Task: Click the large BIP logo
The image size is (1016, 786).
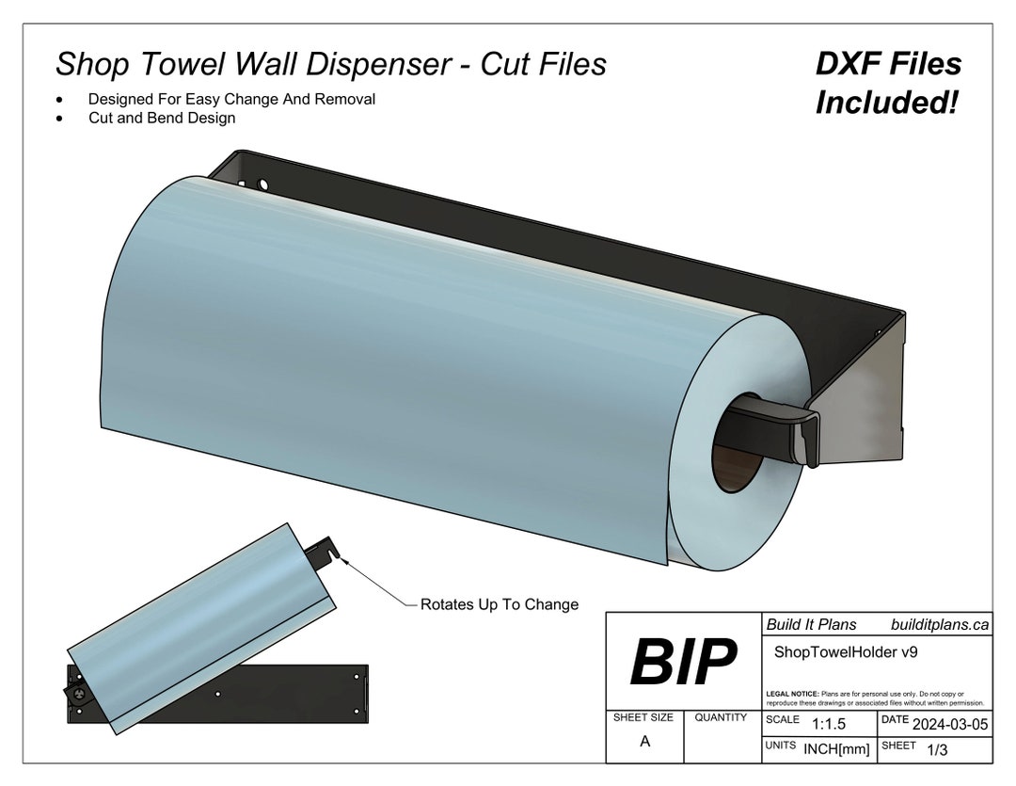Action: pyautogui.click(x=683, y=662)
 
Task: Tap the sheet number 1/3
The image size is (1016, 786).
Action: pyautogui.click(x=937, y=749)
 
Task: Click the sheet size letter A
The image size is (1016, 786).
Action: pyautogui.click(x=644, y=741)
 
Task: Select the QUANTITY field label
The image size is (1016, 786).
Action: pyautogui.click(x=721, y=717)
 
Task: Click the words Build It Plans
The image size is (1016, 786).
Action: pyautogui.click(x=811, y=624)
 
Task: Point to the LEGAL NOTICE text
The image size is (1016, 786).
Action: pyautogui.click(x=875, y=698)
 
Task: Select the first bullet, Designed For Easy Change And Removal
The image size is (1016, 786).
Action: pyautogui.click(x=231, y=99)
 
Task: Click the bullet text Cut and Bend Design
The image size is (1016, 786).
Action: pyautogui.click(x=162, y=119)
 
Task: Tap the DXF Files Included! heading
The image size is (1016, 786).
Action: pyautogui.click(x=887, y=83)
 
